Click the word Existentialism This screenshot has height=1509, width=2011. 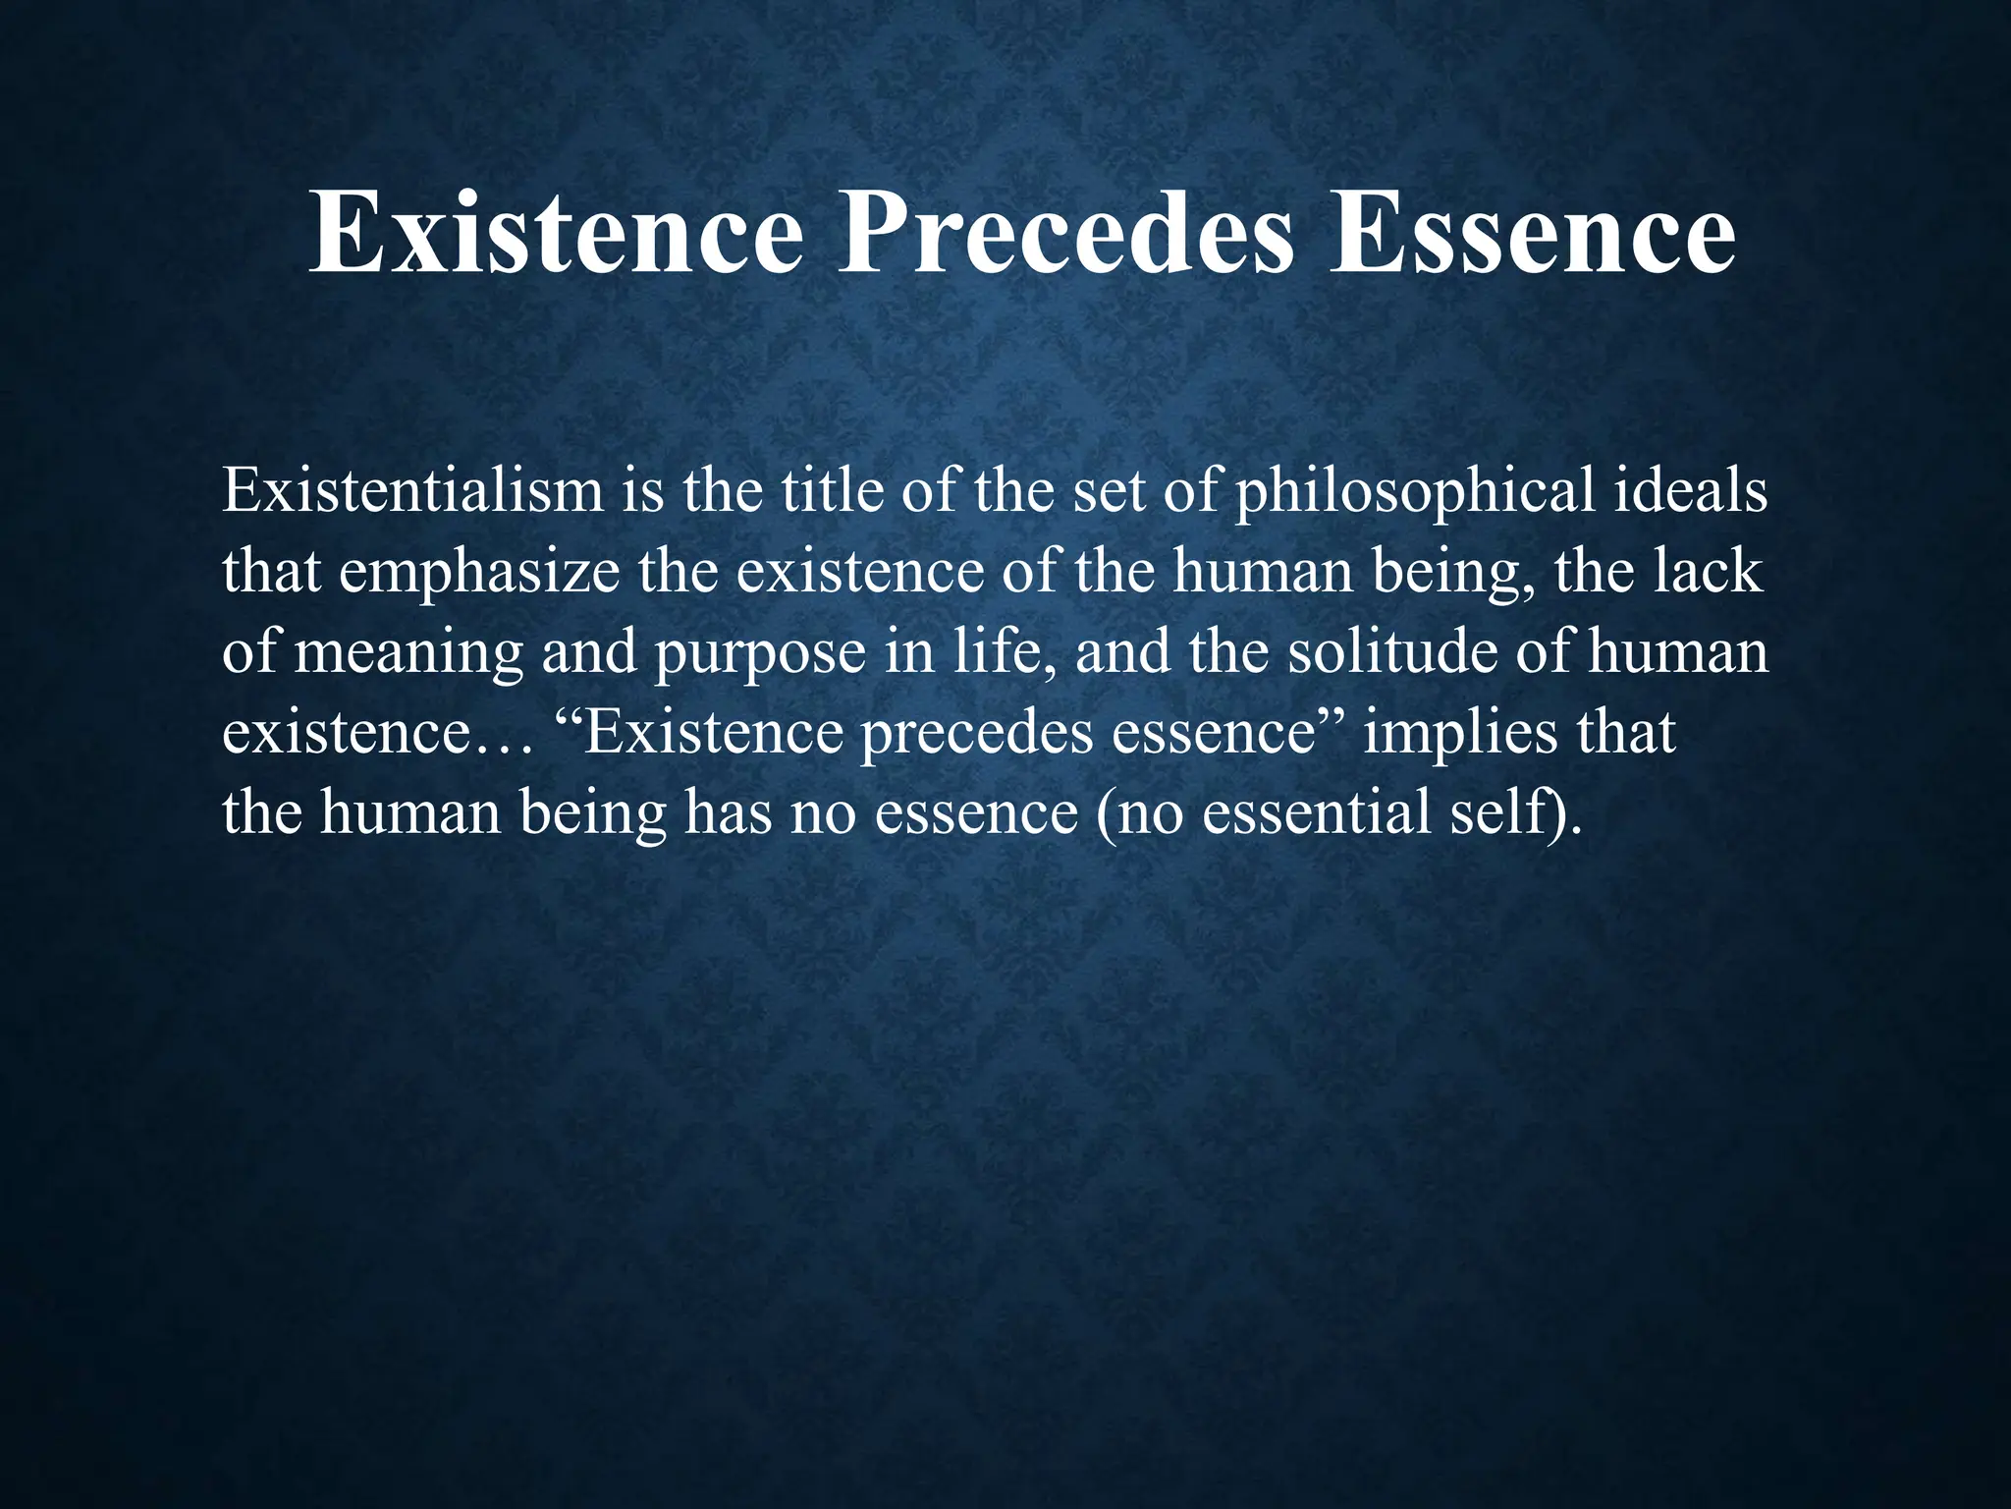(412, 490)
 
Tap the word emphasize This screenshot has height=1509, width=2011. (479, 573)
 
